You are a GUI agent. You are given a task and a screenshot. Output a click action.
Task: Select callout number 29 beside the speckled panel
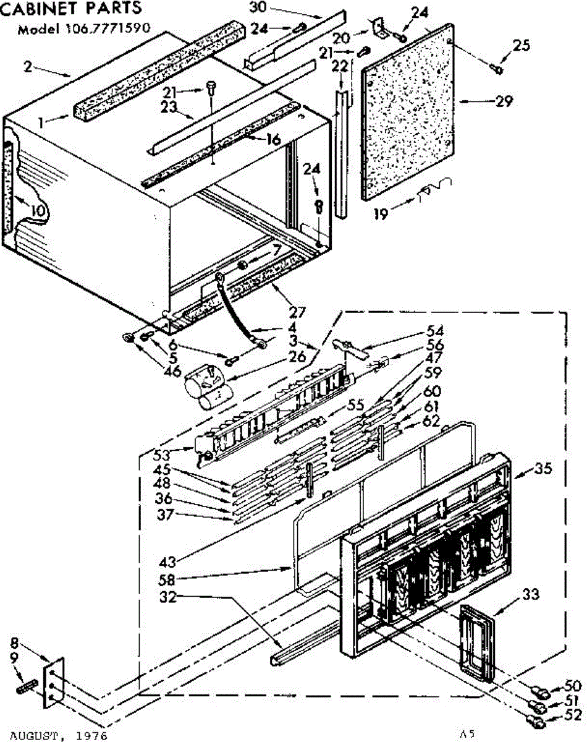(x=504, y=101)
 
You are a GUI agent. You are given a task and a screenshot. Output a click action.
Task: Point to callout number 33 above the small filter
(x=530, y=595)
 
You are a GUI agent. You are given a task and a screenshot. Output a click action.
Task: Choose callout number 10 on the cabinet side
(x=37, y=210)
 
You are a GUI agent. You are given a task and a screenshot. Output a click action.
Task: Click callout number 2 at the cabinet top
(x=28, y=67)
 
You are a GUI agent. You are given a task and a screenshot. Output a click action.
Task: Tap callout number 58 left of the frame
(x=167, y=581)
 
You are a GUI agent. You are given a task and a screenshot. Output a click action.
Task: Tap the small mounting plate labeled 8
(x=54, y=682)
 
